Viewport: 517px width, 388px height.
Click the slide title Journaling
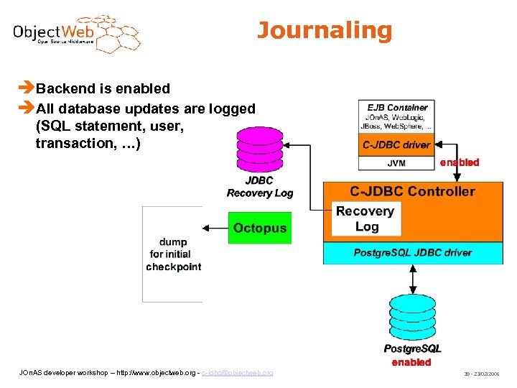[x=325, y=31]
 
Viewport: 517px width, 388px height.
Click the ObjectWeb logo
[x=76, y=33]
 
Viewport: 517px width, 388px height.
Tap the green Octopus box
[x=259, y=228]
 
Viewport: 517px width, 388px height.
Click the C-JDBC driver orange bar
[x=396, y=144]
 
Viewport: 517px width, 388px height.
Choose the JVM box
[x=396, y=163]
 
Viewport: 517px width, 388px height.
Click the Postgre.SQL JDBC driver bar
[x=412, y=253]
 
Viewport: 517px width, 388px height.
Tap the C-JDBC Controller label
[x=412, y=191]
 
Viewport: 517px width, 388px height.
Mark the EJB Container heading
[x=397, y=107]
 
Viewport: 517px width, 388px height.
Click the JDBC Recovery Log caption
[x=259, y=187]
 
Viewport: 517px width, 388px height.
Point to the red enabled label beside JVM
[x=459, y=162]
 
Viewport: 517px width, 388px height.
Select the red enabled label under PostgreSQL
[x=411, y=362]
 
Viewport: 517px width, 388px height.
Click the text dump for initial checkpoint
[x=173, y=254]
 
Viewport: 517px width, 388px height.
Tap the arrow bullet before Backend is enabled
[x=28, y=88]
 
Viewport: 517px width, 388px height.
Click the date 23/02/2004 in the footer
[x=488, y=374]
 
